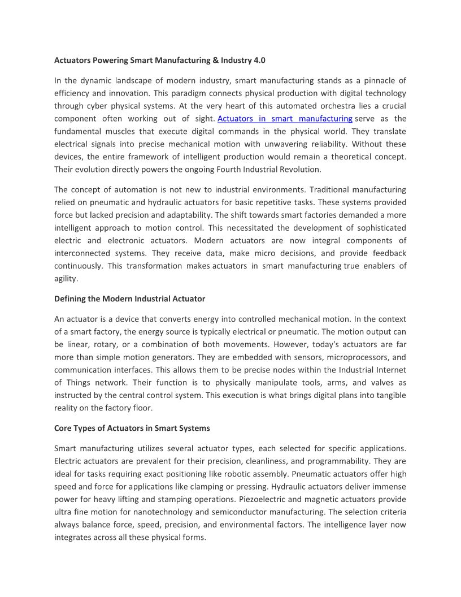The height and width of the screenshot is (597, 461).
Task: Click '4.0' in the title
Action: click(259, 60)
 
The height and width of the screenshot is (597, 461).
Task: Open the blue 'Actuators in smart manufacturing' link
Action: click(285, 119)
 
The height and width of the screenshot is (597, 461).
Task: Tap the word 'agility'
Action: click(66, 278)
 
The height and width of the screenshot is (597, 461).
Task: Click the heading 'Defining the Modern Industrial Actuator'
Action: click(129, 298)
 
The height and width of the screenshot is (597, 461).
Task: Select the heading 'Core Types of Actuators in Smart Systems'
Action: click(132, 428)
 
